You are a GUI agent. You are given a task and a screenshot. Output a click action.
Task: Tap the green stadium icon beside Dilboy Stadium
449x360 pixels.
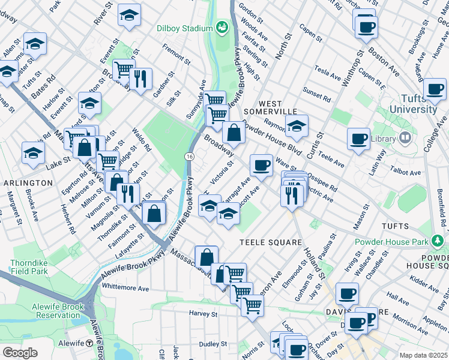pos(222,28)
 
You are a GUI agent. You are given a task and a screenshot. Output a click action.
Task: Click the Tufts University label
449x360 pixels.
pos(413,104)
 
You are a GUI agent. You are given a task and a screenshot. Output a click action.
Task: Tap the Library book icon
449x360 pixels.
pos(405,139)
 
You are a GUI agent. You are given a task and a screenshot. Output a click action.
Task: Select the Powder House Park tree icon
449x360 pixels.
pos(439,241)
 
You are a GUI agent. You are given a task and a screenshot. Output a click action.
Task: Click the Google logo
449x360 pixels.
pos(20,353)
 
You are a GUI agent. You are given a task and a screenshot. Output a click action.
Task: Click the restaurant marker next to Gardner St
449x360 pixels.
pos(140,79)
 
